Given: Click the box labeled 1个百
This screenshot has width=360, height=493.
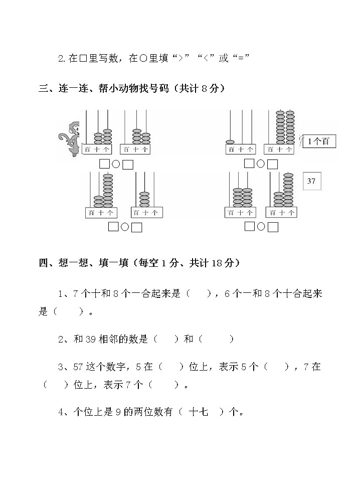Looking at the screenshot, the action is click(319, 141).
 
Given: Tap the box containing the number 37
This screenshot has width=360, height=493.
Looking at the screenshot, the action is click(311, 181).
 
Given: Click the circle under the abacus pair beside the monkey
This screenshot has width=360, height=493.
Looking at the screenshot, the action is click(116, 164).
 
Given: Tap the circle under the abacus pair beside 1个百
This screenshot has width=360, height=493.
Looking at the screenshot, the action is click(261, 163).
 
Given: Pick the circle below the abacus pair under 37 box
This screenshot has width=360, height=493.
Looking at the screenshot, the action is click(261, 227).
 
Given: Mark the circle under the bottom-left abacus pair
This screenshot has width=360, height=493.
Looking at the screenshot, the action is click(125, 227).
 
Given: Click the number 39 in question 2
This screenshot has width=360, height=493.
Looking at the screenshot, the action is click(90, 340).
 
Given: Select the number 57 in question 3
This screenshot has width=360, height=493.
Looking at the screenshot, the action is click(78, 367).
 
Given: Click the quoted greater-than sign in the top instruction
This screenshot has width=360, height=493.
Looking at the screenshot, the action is click(177, 59).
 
